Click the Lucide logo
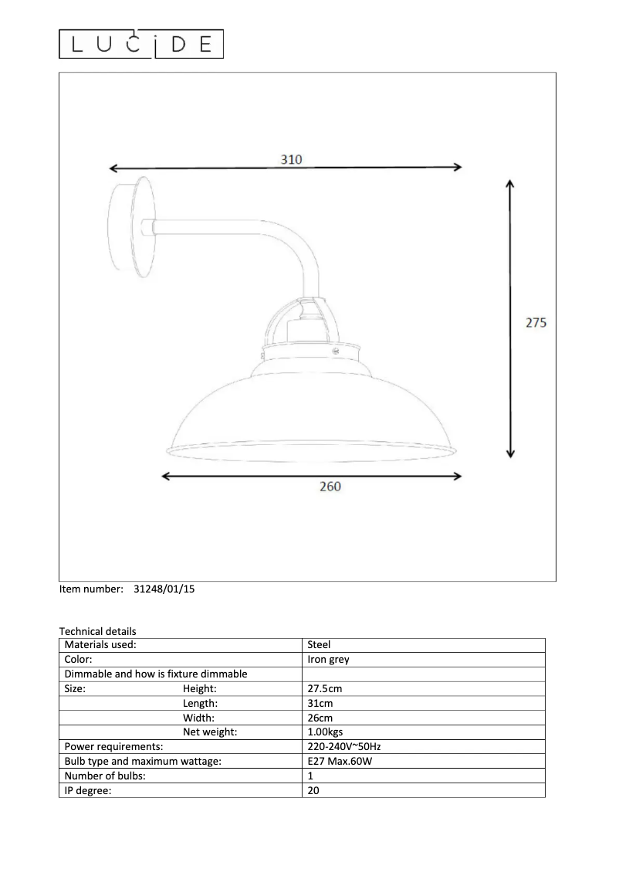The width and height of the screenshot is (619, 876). pos(141,45)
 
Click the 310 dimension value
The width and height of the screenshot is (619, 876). pos(290,158)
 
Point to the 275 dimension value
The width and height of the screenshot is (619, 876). pos(536,323)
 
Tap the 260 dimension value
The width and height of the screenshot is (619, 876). pos(330,487)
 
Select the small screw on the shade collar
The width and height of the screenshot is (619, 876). pos(336,351)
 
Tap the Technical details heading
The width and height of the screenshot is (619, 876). pos(97,631)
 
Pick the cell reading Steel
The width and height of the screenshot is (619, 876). pos(319,644)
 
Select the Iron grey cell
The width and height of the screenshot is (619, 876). pos(328,660)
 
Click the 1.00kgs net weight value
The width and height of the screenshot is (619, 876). pos(326,732)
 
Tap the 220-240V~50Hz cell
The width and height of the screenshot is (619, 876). pos(344,747)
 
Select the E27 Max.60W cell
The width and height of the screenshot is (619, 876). pos(340,762)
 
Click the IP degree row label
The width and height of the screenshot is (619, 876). pos(89,790)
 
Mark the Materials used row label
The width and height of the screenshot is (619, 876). pos(100,644)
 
